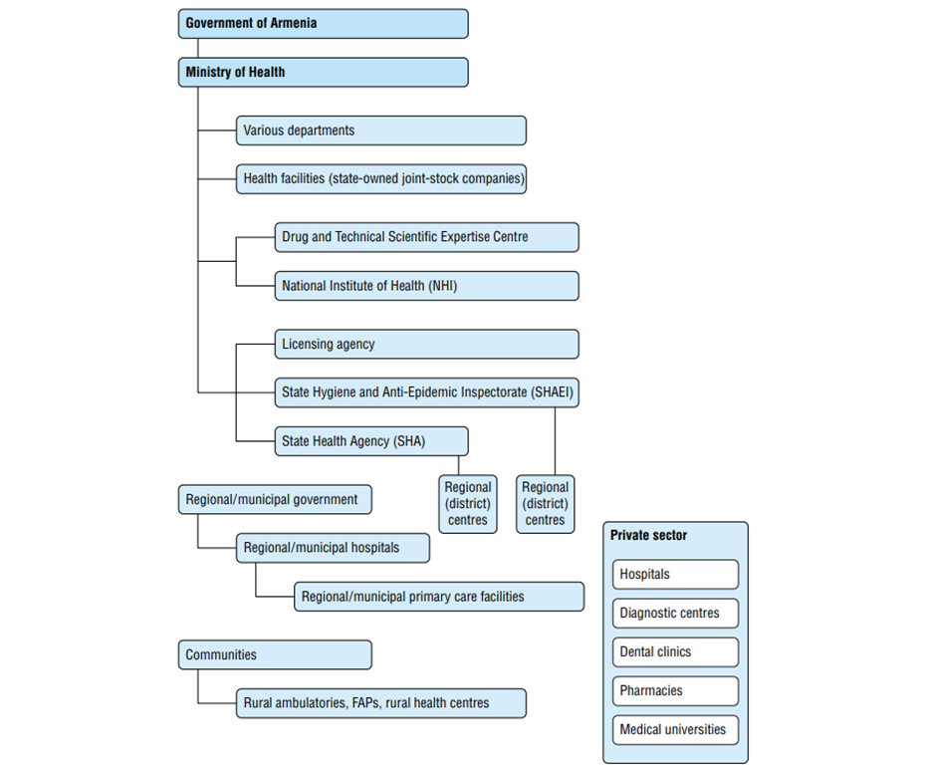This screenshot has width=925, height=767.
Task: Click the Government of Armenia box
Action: (x=324, y=24)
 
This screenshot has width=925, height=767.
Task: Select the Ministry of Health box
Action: (x=324, y=72)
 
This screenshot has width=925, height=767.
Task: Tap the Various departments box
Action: (x=381, y=130)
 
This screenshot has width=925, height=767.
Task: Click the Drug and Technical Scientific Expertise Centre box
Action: (x=426, y=237)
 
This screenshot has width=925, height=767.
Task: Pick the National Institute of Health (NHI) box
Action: (x=426, y=286)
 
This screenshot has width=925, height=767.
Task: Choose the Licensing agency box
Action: (x=426, y=344)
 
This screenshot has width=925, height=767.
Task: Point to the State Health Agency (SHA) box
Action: (x=371, y=441)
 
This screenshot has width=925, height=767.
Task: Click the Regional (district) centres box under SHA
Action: (x=468, y=504)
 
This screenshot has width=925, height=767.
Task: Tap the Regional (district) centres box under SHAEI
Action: (x=545, y=504)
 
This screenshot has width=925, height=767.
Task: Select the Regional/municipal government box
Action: (x=275, y=500)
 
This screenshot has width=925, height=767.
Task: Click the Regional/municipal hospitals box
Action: (x=333, y=548)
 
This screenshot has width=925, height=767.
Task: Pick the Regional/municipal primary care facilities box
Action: (x=439, y=597)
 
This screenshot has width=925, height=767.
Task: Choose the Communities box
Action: (x=275, y=654)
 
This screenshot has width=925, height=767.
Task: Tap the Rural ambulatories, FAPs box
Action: (x=381, y=703)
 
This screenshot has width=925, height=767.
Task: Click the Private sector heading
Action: (x=648, y=535)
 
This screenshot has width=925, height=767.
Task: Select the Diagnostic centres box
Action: (x=675, y=614)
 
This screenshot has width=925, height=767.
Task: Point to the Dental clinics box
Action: (x=675, y=651)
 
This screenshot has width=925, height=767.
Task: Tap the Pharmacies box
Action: (x=675, y=691)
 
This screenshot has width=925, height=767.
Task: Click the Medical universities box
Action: (x=675, y=730)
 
